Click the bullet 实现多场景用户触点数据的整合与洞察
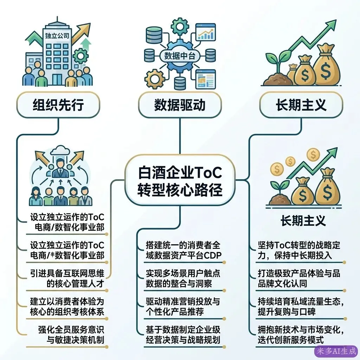(183, 278)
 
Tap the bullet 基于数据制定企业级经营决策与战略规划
(183, 335)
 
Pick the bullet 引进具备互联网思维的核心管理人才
(67, 278)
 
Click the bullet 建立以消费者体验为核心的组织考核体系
(67, 306)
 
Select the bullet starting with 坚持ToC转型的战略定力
(299, 250)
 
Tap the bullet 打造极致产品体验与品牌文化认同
(299, 278)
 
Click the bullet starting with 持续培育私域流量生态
(301, 306)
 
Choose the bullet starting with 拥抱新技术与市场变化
(301, 335)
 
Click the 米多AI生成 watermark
(336, 351)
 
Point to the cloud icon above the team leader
(60, 151)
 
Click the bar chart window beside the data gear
(206, 32)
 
